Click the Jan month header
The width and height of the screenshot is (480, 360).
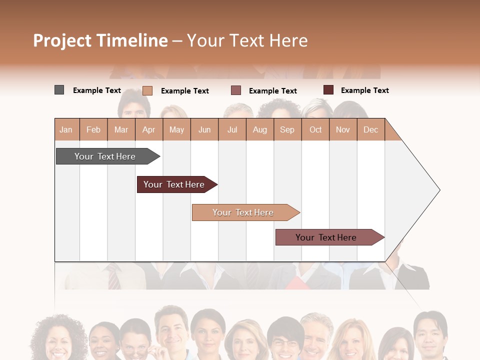pos(66,129)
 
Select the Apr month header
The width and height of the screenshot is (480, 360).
pos(149,129)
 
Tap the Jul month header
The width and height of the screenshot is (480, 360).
pos(232,129)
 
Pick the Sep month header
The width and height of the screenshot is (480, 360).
pos(287,129)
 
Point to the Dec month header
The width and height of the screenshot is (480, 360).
pos(370,129)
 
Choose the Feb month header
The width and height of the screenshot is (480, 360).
pos(93,129)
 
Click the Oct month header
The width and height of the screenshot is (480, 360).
pos(315,129)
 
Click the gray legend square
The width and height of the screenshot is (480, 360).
pos(59,90)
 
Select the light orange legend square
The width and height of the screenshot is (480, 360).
pos(147,90)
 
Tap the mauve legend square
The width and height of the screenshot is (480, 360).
pos(236,90)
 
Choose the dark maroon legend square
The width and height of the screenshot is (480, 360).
pos(328,90)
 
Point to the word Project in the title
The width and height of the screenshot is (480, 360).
pos(62,40)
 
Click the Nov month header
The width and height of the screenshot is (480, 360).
pos(343,129)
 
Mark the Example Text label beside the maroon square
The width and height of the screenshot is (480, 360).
pos(364,90)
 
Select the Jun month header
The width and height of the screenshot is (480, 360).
pos(204,129)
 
